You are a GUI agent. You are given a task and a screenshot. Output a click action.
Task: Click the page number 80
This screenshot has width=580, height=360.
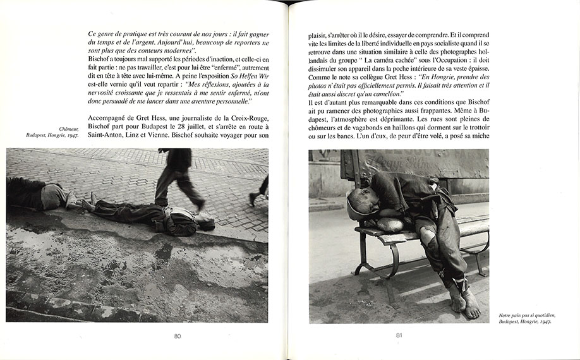(178, 335)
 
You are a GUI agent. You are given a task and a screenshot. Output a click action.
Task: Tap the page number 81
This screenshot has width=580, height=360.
(399, 335)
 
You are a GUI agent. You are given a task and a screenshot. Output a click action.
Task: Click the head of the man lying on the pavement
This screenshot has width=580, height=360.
(205, 223)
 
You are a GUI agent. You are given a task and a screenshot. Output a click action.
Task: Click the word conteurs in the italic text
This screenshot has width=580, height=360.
(148, 49)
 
